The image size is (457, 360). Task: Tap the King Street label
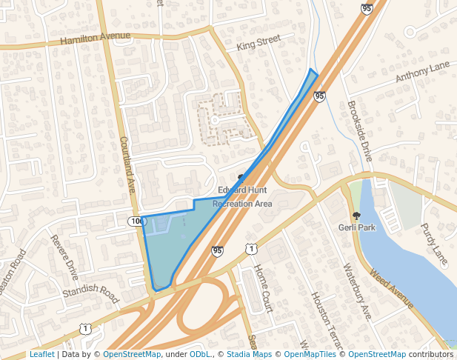[x=258, y=44]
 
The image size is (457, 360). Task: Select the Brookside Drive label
[x=359, y=132]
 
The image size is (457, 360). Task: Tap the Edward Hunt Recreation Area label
[x=242, y=196]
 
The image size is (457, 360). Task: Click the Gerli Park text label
[x=357, y=227]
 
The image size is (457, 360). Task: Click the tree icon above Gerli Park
[x=356, y=216]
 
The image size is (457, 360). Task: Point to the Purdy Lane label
[x=435, y=244]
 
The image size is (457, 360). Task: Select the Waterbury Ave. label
[x=356, y=292]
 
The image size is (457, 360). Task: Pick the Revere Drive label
[x=64, y=257]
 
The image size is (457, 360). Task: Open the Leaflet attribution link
[x=41, y=355]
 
